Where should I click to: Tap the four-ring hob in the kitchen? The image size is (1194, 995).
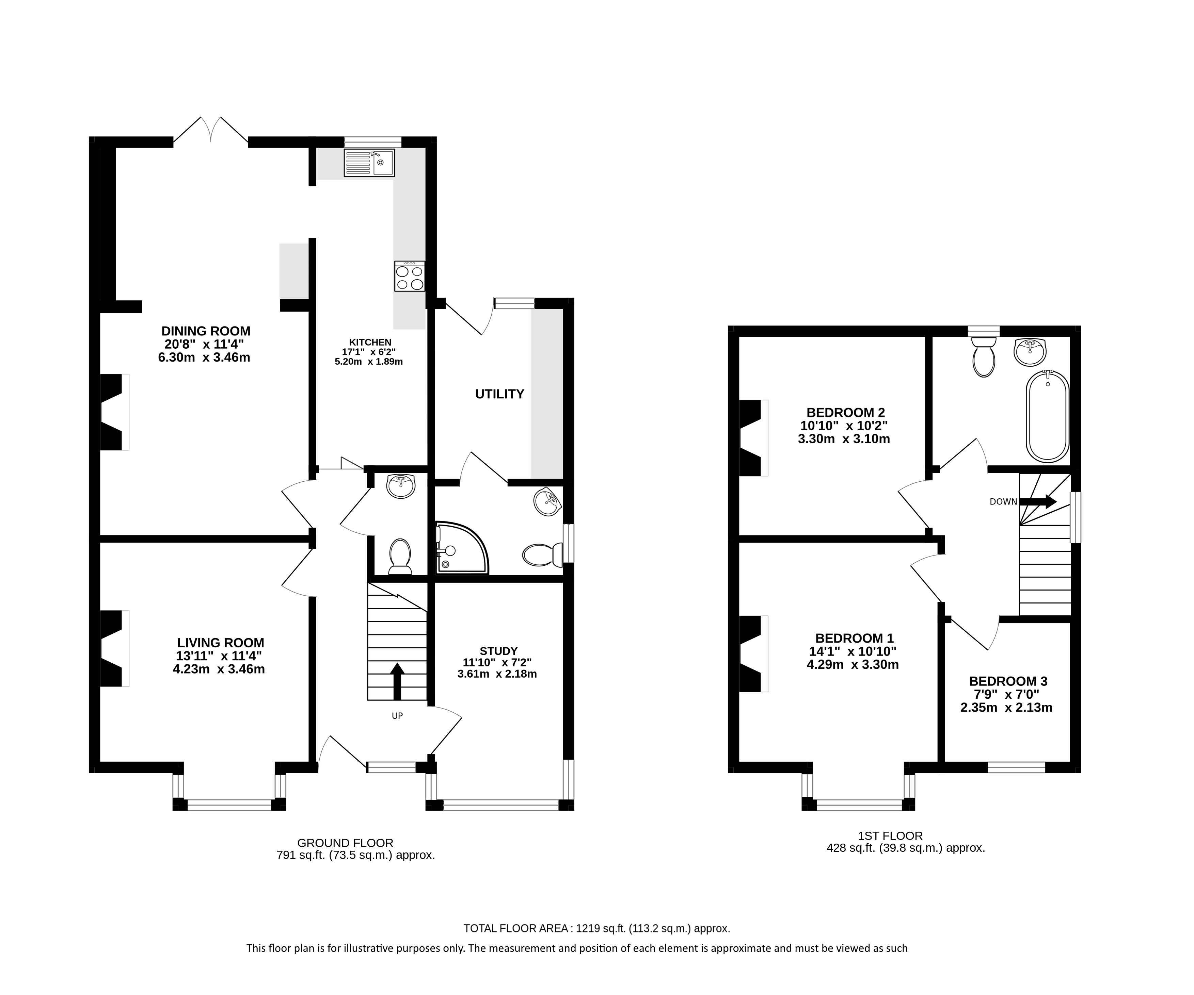click(x=409, y=276)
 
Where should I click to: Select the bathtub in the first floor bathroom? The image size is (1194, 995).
click(x=1048, y=416)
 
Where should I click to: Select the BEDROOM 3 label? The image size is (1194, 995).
click(x=1008, y=681)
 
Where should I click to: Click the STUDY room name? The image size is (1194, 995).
click(x=499, y=651)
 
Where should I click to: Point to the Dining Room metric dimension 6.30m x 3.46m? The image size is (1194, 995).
click(x=204, y=358)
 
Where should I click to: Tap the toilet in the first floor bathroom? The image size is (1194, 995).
click(x=984, y=357)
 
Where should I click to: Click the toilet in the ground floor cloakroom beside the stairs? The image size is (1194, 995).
click(x=400, y=557)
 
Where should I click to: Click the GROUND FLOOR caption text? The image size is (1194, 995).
click(x=345, y=843)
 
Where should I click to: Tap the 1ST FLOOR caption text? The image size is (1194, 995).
click(x=890, y=836)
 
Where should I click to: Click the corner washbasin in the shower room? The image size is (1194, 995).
click(x=547, y=501)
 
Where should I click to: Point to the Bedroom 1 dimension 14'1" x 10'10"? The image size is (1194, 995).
click(x=853, y=651)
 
